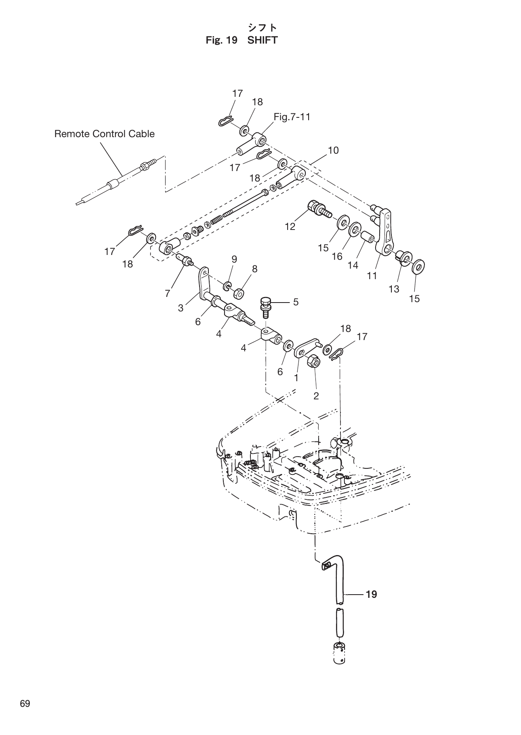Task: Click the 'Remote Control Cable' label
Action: [x=104, y=134]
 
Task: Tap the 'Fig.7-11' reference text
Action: [x=292, y=117]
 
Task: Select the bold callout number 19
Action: [x=371, y=594]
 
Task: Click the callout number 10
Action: [x=333, y=150]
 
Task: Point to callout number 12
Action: [x=290, y=227]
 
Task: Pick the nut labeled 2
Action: [x=314, y=360]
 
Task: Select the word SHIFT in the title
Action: [x=262, y=40]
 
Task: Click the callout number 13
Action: [x=394, y=289]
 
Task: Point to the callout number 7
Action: [x=168, y=293]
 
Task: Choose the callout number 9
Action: [x=234, y=259]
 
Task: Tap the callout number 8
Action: [x=254, y=269]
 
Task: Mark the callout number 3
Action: [x=181, y=308]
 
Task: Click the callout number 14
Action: [x=353, y=265]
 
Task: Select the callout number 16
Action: [x=337, y=257]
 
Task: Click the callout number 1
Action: [x=296, y=378]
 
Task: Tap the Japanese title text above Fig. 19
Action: [x=262, y=27]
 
